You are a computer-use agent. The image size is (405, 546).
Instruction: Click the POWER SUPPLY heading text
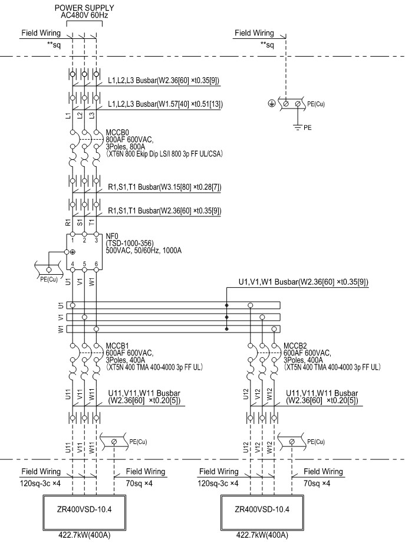tap(84, 7)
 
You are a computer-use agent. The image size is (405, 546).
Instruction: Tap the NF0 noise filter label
tap(111, 235)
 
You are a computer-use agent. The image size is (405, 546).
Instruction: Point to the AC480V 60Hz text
tap(84, 15)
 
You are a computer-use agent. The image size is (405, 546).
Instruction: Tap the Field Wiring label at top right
tap(254, 33)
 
